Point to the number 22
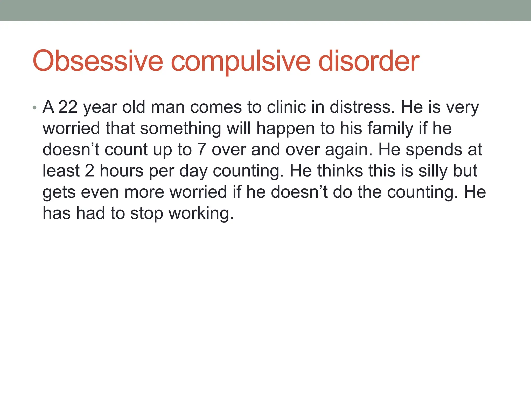pyautogui.click(x=68, y=107)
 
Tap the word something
pyautogui.click(x=180, y=129)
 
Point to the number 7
pyautogui.click(x=201, y=150)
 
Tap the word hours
pyautogui.click(x=122, y=171)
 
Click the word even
pyautogui.click(x=100, y=192)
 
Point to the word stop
pyautogui.click(x=147, y=214)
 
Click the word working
pyautogui.click(x=201, y=214)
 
